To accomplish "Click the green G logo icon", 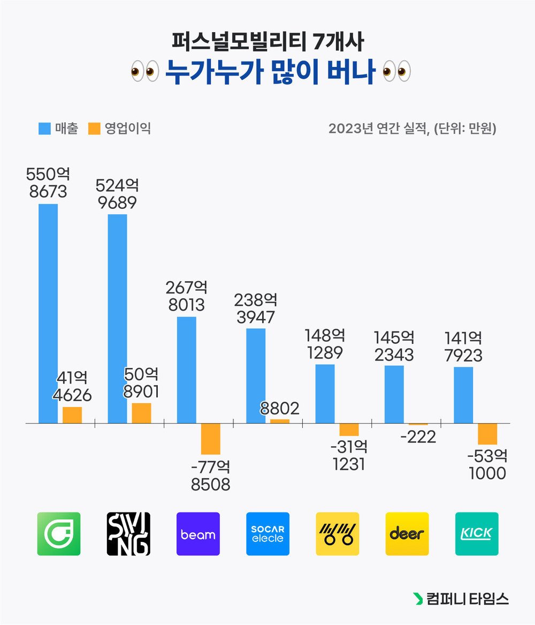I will tap(59, 534).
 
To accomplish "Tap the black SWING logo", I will tap(128, 534).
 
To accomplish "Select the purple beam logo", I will tap(198, 534).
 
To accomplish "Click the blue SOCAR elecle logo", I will tap(267, 534).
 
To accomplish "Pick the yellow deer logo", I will tap(407, 534).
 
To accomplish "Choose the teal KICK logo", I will tap(477, 534).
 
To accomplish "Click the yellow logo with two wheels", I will tap(337, 534).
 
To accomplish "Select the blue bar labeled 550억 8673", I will tap(48, 313).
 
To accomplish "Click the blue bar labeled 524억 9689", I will tap(118, 319).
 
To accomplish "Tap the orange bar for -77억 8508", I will tap(211, 439).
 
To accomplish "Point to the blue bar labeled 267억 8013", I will tap(187, 370).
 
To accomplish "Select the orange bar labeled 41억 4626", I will tap(72, 415).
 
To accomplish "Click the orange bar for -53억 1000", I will tap(487, 434).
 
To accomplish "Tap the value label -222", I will tap(417, 437).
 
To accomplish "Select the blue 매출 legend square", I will tap(44, 129).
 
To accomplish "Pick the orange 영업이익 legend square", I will tap(95, 129).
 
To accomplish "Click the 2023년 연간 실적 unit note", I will tap(412, 129).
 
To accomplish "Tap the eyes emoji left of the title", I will tap(144, 72).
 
